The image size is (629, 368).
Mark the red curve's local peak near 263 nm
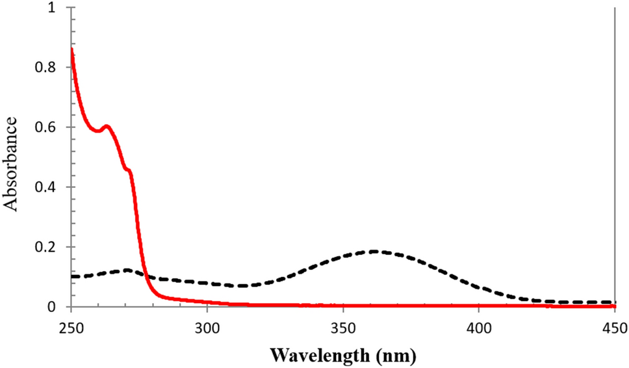coord(107,126)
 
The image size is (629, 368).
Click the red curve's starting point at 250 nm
coord(71,49)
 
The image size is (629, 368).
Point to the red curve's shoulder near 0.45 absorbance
coord(128,170)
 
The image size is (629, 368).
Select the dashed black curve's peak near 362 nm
coord(375,251)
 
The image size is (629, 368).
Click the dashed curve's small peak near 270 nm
coord(127,270)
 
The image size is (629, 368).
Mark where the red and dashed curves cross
coord(145,274)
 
